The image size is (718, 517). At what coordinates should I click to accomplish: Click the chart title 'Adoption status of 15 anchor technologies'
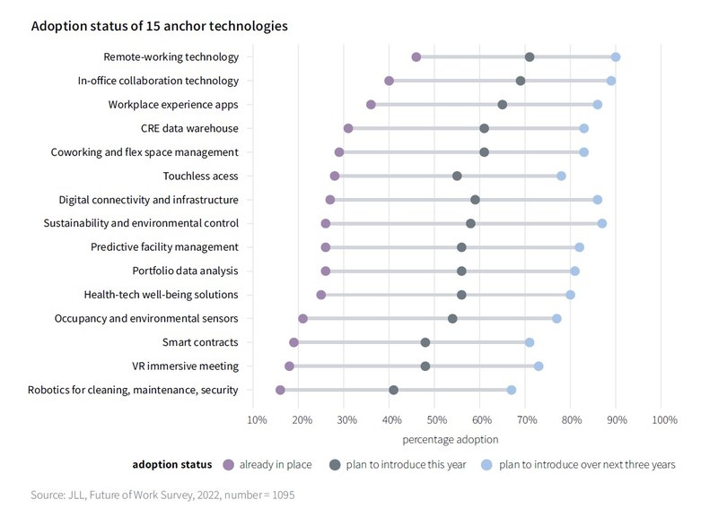click(x=159, y=26)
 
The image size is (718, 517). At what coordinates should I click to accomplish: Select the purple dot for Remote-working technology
click(x=416, y=57)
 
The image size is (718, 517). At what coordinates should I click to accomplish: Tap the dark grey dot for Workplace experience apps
click(x=503, y=105)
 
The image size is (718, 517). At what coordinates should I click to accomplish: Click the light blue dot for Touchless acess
click(x=562, y=177)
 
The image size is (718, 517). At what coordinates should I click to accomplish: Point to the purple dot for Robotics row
click(x=280, y=390)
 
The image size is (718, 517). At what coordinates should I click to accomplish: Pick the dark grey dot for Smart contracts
click(x=425, y=342)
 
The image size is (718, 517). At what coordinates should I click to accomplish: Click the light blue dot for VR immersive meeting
click(x=538, y=366)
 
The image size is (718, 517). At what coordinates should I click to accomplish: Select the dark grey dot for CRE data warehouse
click(x=485, y=129)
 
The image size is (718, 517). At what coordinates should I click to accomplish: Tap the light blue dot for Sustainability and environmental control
click(x=602, y=223)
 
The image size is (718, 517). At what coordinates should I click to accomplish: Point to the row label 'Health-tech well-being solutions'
click(x=161, y=295)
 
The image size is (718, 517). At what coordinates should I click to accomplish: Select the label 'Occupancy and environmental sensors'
click(x=146, y=318)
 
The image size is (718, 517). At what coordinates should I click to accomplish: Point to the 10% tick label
click(x=256, y=419)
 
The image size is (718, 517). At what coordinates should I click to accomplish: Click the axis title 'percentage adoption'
click(x=450, y=439)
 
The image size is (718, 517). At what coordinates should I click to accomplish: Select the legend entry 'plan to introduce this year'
click(x=406, y=464)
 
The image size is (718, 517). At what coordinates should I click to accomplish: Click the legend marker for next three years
click(x=487, y=464)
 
